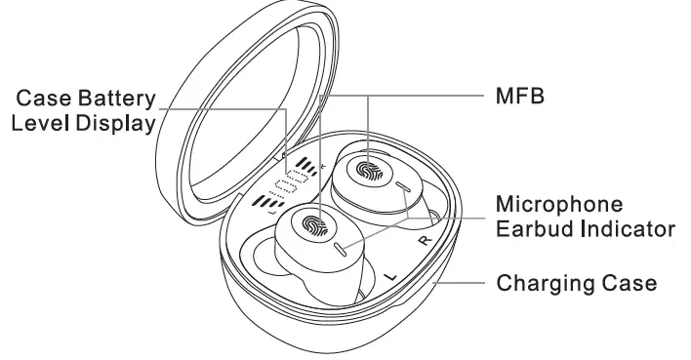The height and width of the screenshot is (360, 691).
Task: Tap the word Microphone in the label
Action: [x=559, y=206]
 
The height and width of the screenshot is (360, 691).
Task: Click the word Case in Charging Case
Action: [x=630, y=284]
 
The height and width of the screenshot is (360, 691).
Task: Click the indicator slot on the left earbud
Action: [x=339, y=248]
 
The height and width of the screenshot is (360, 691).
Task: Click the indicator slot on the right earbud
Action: [x=402, y=185]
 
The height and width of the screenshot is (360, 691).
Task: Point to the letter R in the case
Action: [x=424, y=240]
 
